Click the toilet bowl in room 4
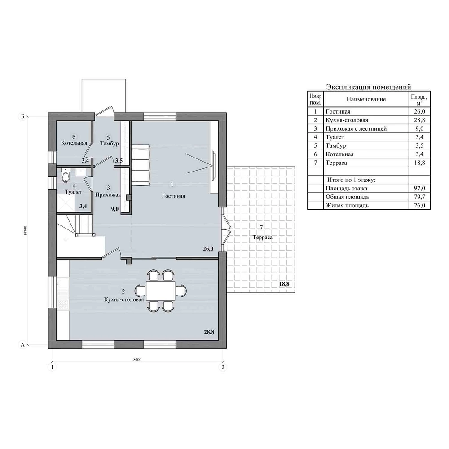(x=66, y=175)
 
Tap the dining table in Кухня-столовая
(x=160, y=291)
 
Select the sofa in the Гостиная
(x=141, y=165)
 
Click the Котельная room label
(x=74, y=143)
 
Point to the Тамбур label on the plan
(x=110, y=144)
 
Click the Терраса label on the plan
(x=263, y=238)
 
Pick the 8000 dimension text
(x=137, y=360)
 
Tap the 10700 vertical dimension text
(x=26, y=231)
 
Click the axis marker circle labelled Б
(x=22, y=117)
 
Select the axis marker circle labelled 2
(x=223, y=367)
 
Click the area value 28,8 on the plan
(x=209, y=332)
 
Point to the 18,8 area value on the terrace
(x=284, y=284)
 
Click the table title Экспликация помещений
(x=369, y=87)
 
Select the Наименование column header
(x=366, y=99)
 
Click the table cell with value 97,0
(x=419, y=189)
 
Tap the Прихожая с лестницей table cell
(x=356, y=128)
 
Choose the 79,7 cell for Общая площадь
(x=419, y=197)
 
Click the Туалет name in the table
(x=335, y=137)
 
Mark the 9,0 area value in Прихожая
(x=115, y=209)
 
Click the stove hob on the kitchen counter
(x=63, y=304)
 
